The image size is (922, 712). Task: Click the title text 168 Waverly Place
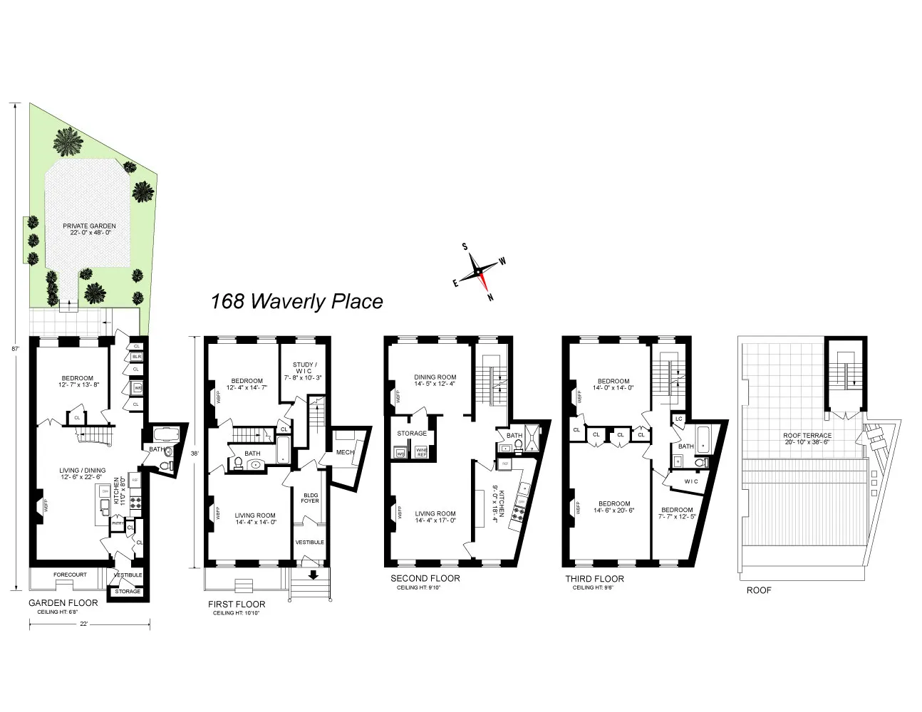click(296, 302)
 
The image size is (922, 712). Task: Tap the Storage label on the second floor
click(412, 433)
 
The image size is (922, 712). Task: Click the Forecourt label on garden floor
click(70, 575)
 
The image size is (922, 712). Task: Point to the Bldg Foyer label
click(311, 498)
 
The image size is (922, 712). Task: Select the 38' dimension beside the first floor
click(195, 452)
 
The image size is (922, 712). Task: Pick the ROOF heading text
click(758, 590)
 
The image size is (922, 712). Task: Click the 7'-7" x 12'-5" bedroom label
click(676, 513)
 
